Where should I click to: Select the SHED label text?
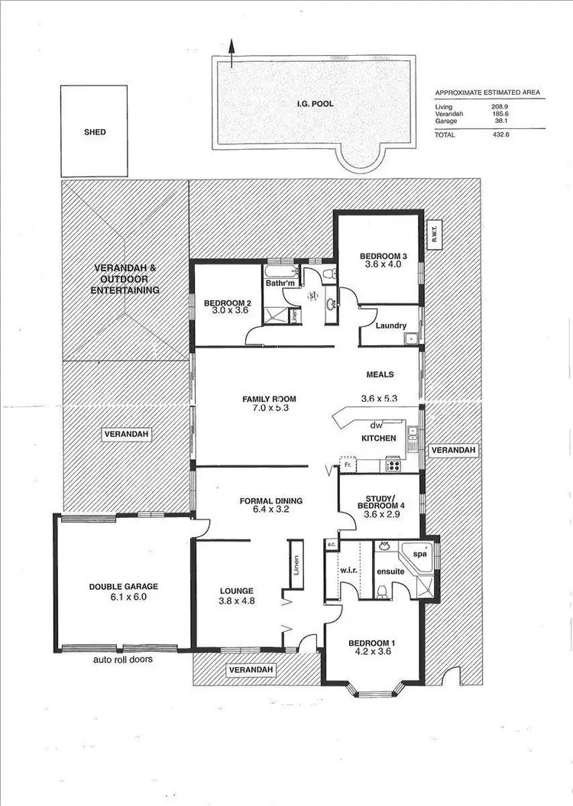coord(95,132)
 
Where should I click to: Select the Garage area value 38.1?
coord(502,121)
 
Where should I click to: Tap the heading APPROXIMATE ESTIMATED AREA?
coord(487,92)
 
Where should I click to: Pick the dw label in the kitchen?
coord(375,426)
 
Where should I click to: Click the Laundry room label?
coord(390,326)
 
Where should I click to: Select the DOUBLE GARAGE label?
coord(123,587)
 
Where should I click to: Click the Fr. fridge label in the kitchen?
coord(348,464)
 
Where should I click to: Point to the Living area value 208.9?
coord(500,107)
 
